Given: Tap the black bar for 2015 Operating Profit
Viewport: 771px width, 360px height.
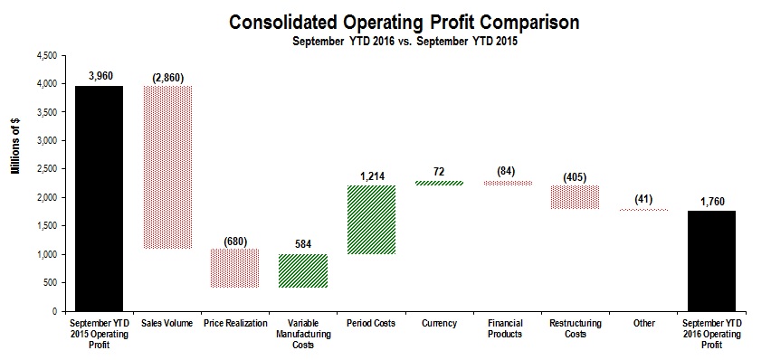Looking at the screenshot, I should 99,198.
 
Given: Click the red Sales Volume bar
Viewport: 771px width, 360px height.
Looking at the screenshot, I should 167,166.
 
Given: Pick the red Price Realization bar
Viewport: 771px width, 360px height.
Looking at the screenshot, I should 234,268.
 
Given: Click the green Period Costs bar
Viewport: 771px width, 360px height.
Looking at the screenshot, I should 370,220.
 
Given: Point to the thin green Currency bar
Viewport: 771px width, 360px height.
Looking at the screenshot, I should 438,183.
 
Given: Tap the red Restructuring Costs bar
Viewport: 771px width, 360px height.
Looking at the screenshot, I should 574,197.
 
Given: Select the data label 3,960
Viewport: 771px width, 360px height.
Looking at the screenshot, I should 99,75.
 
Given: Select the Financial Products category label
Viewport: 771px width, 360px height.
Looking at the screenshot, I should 506,328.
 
